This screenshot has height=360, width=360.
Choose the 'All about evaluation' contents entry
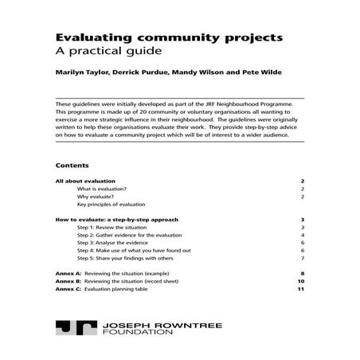coord(86,182)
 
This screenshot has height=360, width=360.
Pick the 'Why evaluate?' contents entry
coord(96,197)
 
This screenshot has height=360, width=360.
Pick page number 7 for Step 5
coord(303,258)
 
